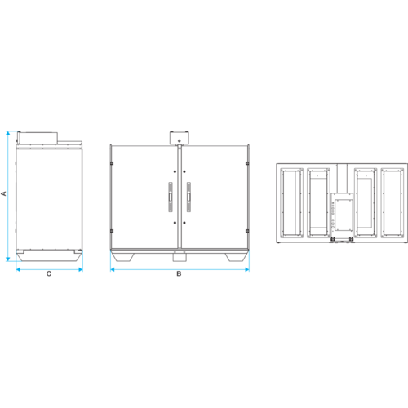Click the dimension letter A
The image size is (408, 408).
(x=4, y=193)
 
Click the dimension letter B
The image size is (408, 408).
(x=179, y=273)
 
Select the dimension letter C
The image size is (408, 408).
(x=49, y=273)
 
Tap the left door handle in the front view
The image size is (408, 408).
(x=171, y=197)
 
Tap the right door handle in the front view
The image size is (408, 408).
(x=188, y=197)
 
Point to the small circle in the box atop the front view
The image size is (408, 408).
(x=180, y=140)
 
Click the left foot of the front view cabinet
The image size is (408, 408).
(x=123, y=258)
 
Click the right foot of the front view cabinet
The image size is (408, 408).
(x=237, y=258)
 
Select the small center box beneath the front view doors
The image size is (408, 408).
(x=180, y=256)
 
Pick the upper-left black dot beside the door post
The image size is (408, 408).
(x=175, y=171)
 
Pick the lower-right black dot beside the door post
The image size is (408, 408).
(x=184, y=223)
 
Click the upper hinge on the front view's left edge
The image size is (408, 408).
(x=112, y=163)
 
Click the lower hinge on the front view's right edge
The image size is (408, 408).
(x=247, y=231)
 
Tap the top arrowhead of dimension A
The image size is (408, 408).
(x=8, y=133)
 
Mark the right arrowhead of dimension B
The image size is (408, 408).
(x=247, y=269)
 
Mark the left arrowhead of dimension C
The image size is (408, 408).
(x=18, y=269)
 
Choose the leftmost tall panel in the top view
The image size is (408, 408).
(x=291, y=203)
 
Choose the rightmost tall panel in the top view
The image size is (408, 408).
(x=392, y=203)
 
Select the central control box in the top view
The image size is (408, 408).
(x=342, y=215)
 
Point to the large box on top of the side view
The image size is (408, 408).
(x=38, y=138)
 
